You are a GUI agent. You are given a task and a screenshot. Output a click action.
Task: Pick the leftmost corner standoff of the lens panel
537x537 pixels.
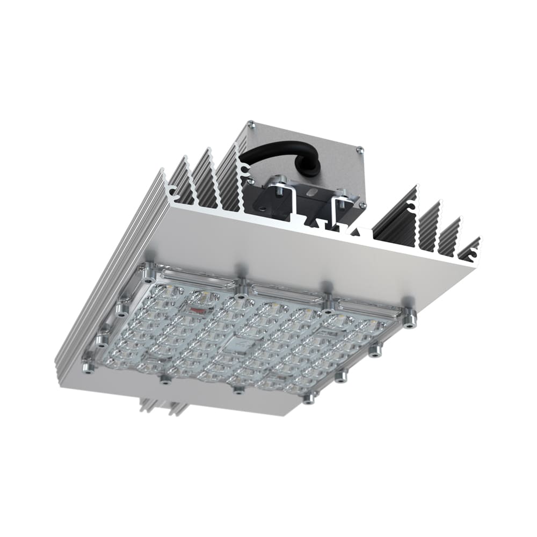[x=86, y=367]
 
